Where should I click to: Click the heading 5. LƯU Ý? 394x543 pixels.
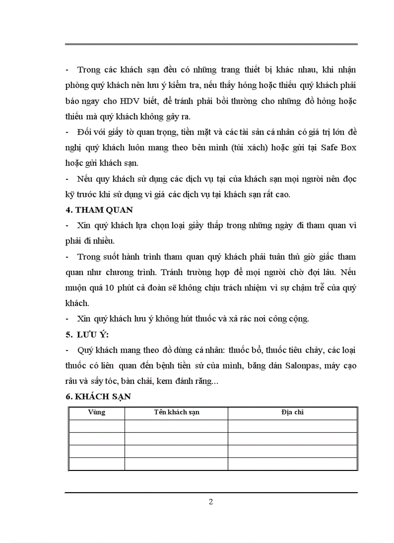pos(90,334)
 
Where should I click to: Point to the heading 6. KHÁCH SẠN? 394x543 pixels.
pos(98,396)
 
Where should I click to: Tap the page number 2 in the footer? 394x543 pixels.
pos(211,501)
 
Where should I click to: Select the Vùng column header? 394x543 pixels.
pos(97,412)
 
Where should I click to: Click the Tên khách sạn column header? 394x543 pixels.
pos(176,412)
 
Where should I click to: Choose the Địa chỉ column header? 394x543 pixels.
pos(292,412)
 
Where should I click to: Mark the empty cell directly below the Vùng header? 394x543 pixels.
pos(97,426)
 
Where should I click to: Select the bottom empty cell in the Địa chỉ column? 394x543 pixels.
pos(292,464)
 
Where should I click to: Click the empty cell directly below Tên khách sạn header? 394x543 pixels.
pos(176,426)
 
